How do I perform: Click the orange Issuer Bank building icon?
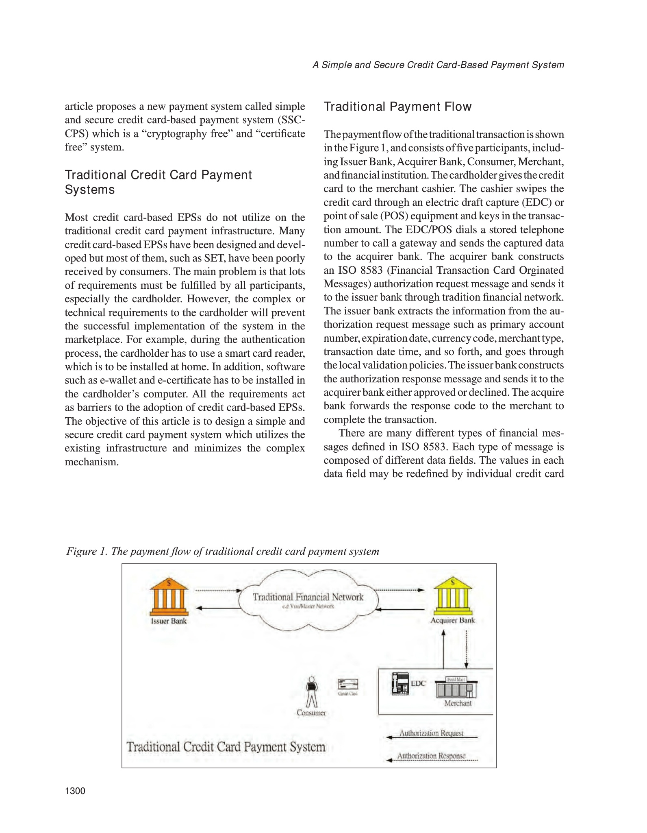pyautogui.click(x=169, y=597)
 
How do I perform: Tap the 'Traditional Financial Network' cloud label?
pyautogui.click(x=308, y=597)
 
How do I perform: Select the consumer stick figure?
pyautogui.click(x=311, y=691)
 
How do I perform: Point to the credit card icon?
pyautogui.click(x=348, y=684)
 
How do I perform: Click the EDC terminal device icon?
pyautogui.click(x=400, y=684)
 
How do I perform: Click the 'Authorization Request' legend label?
pyautogui.click(x=431, y=733)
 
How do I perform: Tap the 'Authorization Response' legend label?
pyautogui.click(x=431, y=756)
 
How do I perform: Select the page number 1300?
pyautogui.click(x=75, y=791)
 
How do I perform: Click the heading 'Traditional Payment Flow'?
pyautogui.click(x=397, y=107)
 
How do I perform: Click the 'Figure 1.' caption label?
pyautogui.click(x=86, y=552)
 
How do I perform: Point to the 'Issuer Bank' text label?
pyautogui.click(x=169, y=621)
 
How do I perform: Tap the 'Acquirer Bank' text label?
pyautogui.click(x=453, y=620)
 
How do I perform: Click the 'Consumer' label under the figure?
pyautogui.click(x=311, y=713)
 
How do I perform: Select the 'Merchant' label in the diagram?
pyautogui.click(x=458, y=703)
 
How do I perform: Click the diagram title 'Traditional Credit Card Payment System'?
pyautogui.click(x=226, y=747)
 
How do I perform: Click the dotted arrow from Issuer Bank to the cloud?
pyautogui.click(x=219, y=590)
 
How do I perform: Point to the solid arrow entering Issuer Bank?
pyautogui.click(x=219, y=608)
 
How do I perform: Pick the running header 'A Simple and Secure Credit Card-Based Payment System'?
pyautogui.click(x=438, y=65)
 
